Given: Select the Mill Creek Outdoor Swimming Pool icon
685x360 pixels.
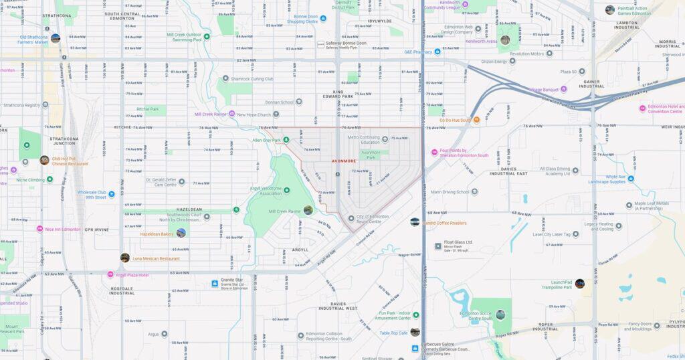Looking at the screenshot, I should [207, 37].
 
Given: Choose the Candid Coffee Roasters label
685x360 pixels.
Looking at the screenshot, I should [444, 223].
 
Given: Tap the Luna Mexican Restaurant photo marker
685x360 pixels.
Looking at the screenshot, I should [125, 258].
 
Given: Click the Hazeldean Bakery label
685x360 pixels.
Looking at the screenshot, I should [157, 234].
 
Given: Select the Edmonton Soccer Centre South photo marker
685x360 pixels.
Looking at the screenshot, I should [500, 314].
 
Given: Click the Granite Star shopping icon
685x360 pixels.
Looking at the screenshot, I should [215, 283].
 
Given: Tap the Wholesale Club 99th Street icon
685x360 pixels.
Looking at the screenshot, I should [112, 194].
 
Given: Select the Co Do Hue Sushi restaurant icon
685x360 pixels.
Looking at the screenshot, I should [476, 120].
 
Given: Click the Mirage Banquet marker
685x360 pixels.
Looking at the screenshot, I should [564, 88].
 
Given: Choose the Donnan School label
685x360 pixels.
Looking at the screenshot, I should [279, 102].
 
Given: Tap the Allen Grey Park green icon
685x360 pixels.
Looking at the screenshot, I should [286, 140].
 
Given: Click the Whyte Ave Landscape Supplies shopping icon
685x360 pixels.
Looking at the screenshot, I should [630, 179].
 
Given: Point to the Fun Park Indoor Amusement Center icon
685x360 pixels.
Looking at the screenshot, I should [415, 314].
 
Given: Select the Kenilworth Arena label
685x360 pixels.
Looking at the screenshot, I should [480, 41].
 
